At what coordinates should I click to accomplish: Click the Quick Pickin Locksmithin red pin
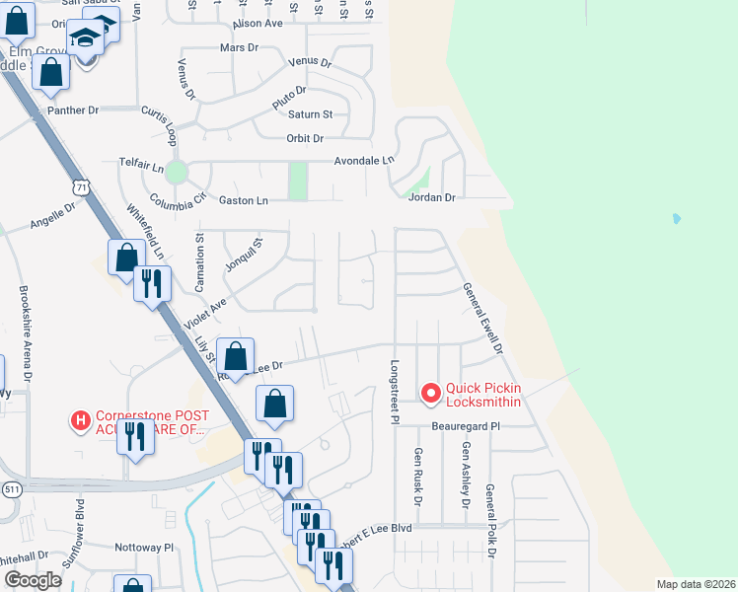[x=430, y=395]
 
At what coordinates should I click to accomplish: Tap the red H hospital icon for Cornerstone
[x=81, y=421]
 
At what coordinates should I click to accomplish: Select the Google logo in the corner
[x=34, y=580]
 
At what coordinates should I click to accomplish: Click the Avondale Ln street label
[x=364, y=160]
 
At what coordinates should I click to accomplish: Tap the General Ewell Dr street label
[x=483, y=320]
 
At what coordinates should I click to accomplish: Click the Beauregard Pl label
[x=466, y=426]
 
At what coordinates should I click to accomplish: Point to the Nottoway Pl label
[x=144, y=546]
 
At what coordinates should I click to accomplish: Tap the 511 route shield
[x=10, y=489]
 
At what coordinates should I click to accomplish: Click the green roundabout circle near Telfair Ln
[x=176, y=173]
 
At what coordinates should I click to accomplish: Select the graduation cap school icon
[x=86, y=37]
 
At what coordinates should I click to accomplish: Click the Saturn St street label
[x=311, y=114]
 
